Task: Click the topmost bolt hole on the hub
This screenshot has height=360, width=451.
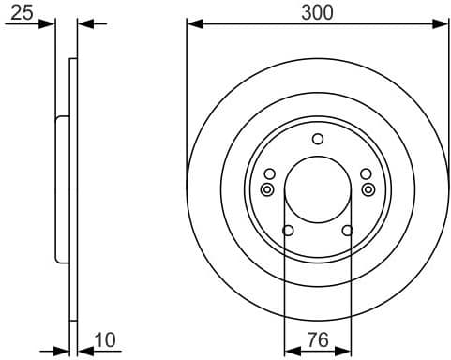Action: (318, 140)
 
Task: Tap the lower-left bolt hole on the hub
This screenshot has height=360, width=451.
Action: (288, 232)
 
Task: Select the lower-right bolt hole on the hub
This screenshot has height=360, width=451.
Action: (348, 231)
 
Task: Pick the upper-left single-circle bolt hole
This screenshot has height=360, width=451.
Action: (270, 173)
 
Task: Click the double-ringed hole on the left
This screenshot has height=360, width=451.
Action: (267, 189)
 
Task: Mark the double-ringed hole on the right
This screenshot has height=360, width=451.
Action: (368, 189)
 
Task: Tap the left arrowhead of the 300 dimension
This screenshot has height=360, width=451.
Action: (192, 25)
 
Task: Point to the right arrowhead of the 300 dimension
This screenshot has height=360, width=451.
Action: (443, 25)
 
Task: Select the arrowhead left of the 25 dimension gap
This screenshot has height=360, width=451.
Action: (51, 25)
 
